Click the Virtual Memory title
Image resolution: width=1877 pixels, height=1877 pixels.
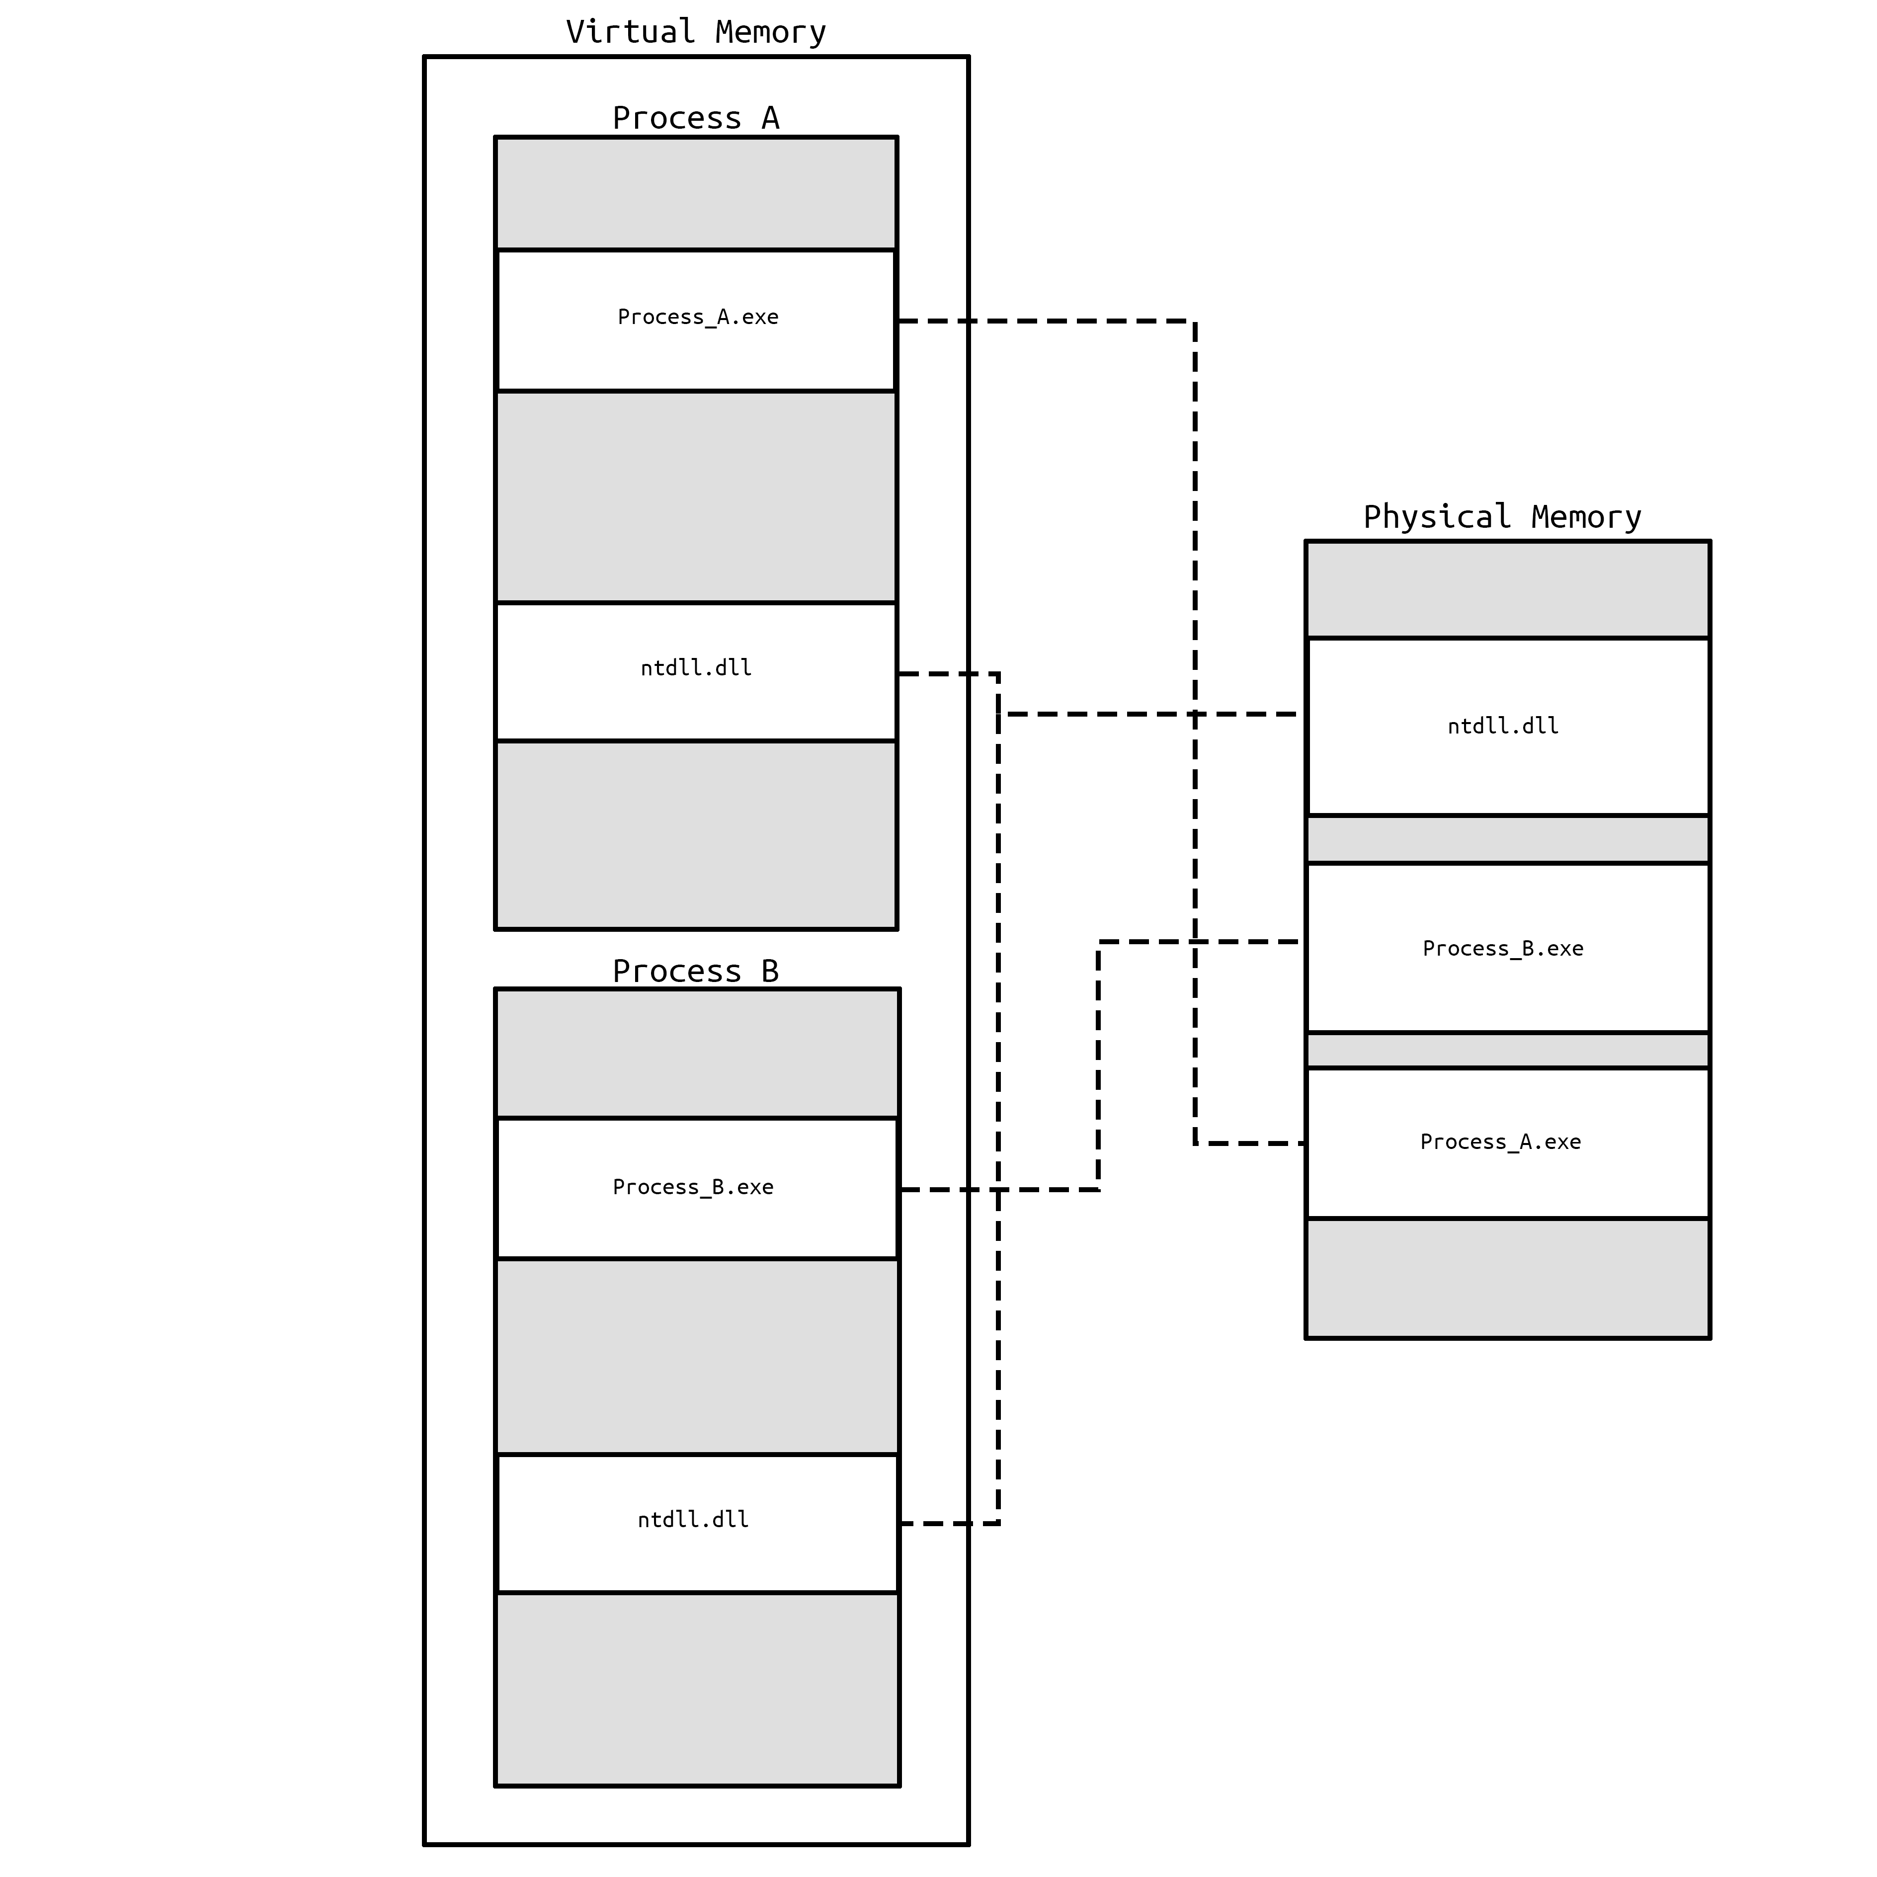(696, 32)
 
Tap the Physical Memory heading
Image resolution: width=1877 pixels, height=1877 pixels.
(1502, 517)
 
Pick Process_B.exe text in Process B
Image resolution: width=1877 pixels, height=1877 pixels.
(693, 1187)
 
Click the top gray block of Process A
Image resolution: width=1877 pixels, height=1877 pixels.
(696, 193)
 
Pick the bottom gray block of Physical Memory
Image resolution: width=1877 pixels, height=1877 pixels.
(1507, 1279)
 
